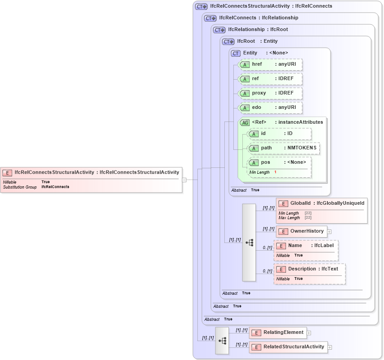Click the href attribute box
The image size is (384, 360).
270,64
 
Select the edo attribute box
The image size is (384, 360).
270,108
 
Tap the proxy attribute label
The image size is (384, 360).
259,93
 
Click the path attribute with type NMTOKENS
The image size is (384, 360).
284,148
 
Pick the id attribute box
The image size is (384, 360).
279,134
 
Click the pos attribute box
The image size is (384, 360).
279,162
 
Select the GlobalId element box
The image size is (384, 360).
321,203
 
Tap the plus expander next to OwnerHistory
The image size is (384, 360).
329,232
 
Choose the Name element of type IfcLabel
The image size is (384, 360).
306,246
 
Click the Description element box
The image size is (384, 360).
309,269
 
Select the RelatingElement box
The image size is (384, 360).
278,333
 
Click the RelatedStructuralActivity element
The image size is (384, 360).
288,347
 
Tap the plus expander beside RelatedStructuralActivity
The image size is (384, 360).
330,347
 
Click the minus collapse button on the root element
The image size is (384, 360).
184,180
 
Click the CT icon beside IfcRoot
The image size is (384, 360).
228,41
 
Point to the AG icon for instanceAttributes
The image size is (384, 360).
245,122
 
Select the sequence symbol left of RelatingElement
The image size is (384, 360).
222,341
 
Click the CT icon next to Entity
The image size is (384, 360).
236,53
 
